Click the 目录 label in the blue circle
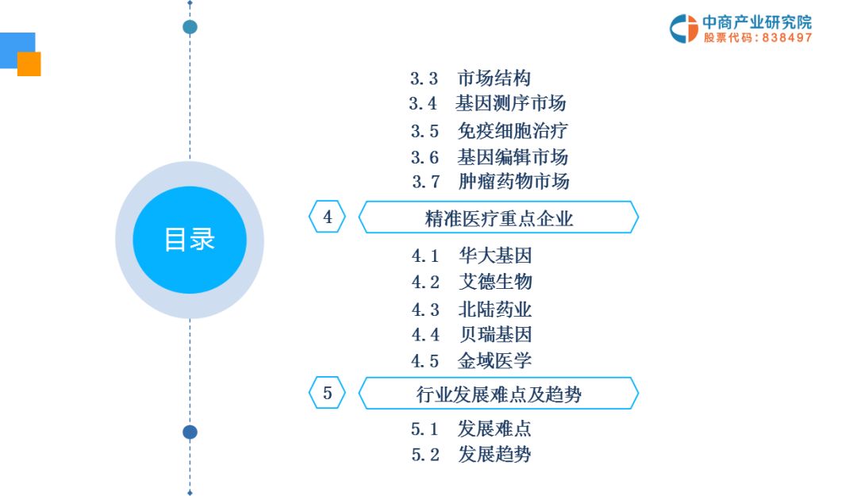point(190,240)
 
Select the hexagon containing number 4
point(328,217)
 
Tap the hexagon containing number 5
point(328,393)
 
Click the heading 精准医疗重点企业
point(499,219)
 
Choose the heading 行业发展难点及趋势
point(499,394)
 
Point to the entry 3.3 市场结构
point(471,79)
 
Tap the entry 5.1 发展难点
point(471,429)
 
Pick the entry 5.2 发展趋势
point(471,454)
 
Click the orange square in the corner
point(29,64)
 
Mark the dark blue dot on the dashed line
point(190,432)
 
